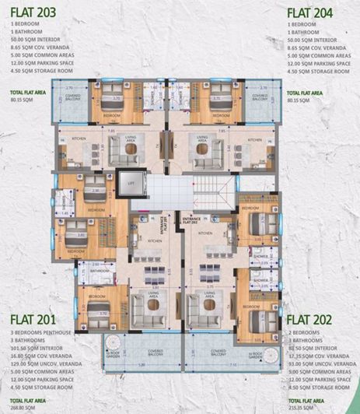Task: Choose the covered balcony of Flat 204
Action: click(259, 98)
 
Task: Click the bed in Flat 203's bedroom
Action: click(107, 100)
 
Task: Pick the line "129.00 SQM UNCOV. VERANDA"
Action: click(44, 360)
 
